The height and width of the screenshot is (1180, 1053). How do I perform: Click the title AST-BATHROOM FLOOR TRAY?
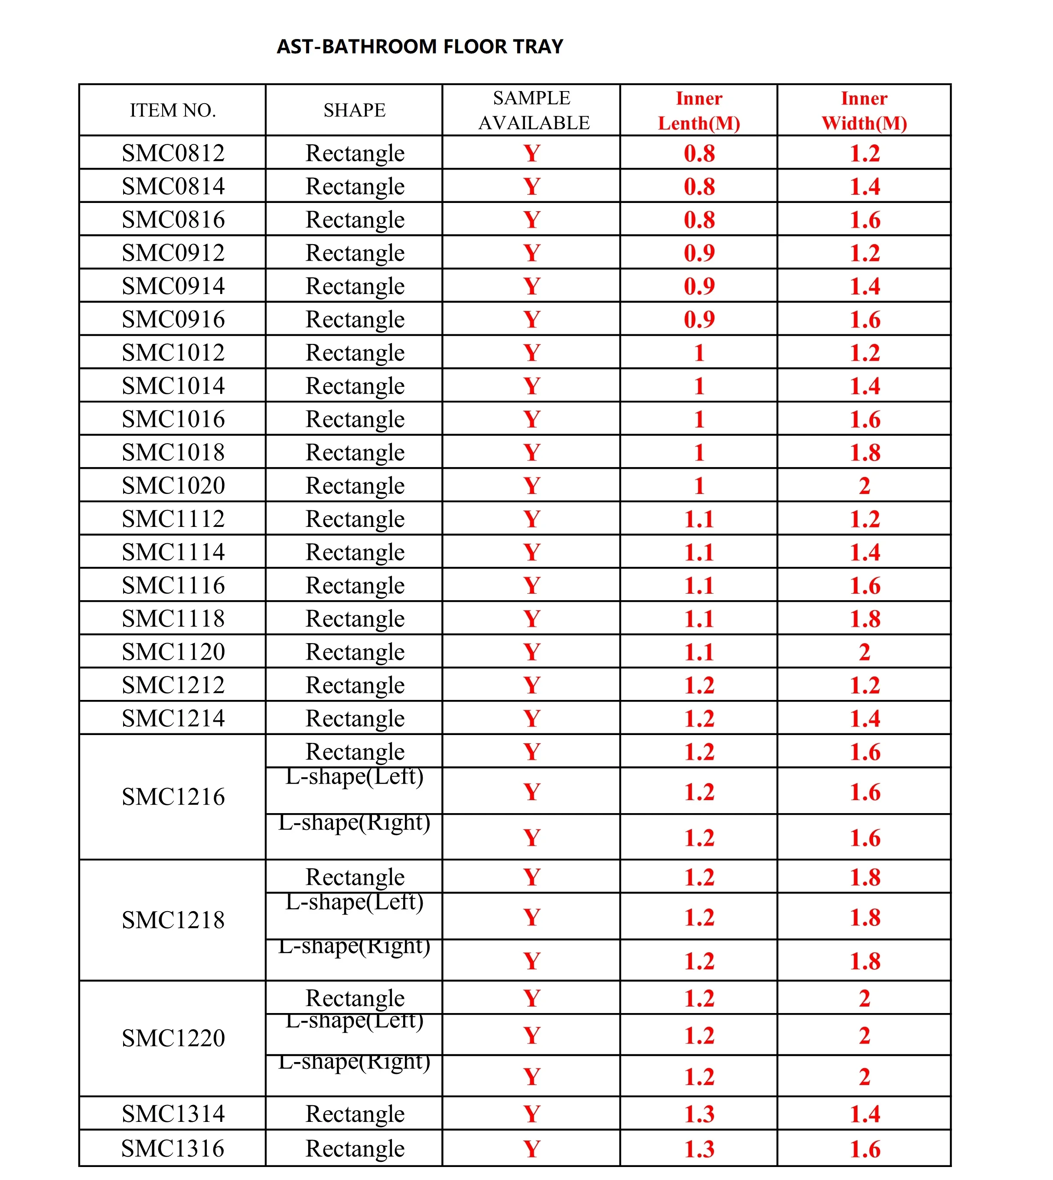coord(420,46)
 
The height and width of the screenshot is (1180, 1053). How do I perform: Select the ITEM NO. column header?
coord(173,110)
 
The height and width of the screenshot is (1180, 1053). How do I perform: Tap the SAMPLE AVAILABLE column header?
coord(532,110)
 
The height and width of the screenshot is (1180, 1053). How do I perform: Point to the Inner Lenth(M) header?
coord(699,111)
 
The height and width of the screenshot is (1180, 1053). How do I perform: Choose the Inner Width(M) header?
coord(864,111)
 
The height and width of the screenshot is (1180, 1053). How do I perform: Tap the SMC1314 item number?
coord(173,1114)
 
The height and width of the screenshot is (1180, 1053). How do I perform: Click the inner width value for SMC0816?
coord(865,220)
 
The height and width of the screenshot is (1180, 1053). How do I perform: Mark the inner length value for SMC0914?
coord(699,286)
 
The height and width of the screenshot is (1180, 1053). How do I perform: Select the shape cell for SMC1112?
coord(355,519)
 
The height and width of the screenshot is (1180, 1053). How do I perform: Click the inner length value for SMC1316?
coord(699,1149)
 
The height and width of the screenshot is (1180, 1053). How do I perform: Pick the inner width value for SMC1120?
coord(865,652)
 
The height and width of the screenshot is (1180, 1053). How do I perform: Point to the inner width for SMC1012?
coord(865,353)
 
